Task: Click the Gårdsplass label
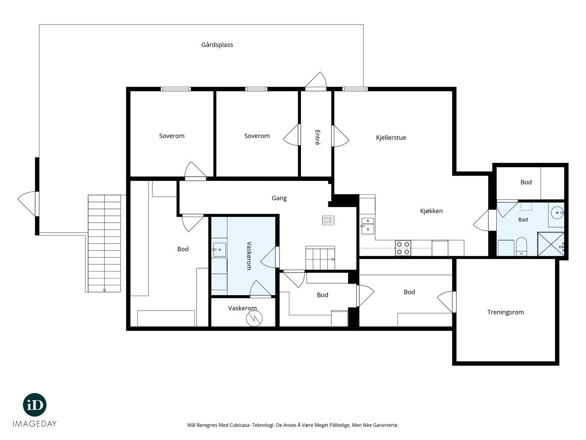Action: click(x=217, y=45)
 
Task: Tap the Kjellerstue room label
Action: click(x=391, y=137)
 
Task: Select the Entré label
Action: click(x=317, y=137)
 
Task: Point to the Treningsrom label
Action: click(x=505, y=312)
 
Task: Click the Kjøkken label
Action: click(x=431, y=211)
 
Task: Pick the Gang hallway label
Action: click(x=279, y=198)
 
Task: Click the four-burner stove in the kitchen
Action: click(x=403, y=248)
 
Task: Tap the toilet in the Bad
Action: click(x=521, y=246)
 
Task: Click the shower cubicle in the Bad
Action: click(x=551, y=244)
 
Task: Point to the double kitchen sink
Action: click(x=367, y=226)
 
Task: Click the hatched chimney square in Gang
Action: click(x=328, y=220)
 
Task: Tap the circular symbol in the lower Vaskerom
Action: click(x=254, y=318)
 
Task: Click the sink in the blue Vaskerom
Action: click(x=219, y=250)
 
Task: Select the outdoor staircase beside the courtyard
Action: click(x=104, y=243)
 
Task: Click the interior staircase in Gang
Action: click(x=320, y=258)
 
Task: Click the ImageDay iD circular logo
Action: click(x=35, y=405)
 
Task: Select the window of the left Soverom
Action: click(x=176, y=89)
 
